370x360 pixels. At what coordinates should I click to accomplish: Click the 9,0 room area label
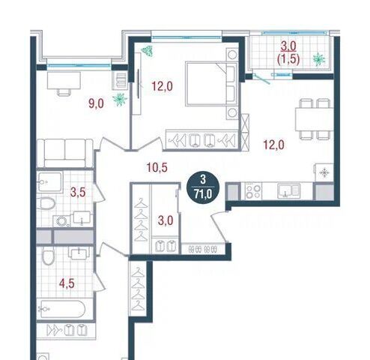tap(96, 103)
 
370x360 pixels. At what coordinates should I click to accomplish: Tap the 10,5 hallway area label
tap(157, 167)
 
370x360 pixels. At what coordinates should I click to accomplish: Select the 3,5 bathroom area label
tap(78, 192)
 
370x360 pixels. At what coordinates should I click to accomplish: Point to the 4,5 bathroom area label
tap(67, 283)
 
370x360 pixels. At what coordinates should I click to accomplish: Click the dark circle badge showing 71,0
tap(203, 187)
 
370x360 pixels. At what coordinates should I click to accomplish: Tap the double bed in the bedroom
tap(211, 84)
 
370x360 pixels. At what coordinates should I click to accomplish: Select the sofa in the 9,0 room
tap(65, 153)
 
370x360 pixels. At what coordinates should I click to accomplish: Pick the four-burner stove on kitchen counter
tap(253, 191)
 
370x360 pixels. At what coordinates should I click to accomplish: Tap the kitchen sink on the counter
tap(288, 191)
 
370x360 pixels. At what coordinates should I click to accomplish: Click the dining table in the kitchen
tap(315, 119)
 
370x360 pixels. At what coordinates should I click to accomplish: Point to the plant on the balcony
tap(319, 60)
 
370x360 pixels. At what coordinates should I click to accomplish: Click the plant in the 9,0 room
tap(120, 99)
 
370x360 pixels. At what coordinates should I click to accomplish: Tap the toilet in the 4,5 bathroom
tap(48, 256)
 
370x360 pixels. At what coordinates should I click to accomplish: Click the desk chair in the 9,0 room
tap(64, 92)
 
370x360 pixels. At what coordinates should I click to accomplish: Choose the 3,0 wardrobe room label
tap(166, 220)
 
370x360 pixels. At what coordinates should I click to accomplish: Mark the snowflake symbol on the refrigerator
tap(324, 172)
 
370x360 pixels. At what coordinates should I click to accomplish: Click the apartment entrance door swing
tap(219, 226)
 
